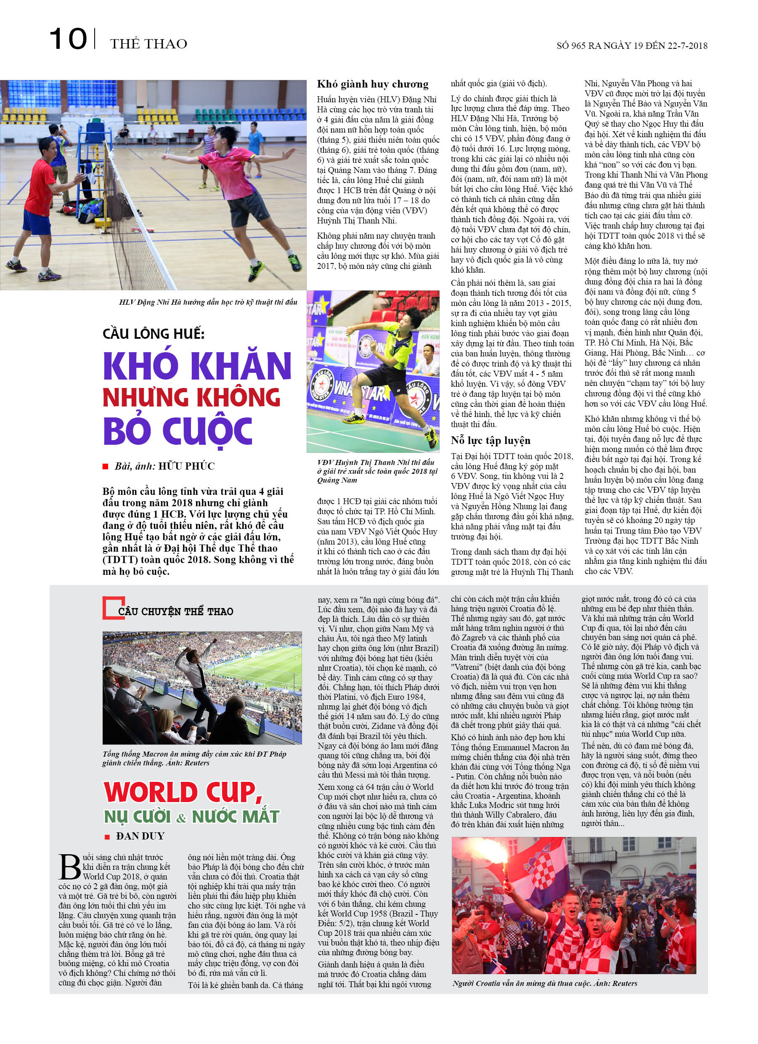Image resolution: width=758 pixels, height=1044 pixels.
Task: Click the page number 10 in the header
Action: coord(68,39)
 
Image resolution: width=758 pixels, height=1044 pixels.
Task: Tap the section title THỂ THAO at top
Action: coord(148,44)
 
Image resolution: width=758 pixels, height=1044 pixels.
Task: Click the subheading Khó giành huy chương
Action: coord(372,84)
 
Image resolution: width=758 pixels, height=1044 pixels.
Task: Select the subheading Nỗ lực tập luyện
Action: coord(490,441)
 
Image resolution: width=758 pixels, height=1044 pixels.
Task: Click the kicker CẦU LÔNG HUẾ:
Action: coord(154,333)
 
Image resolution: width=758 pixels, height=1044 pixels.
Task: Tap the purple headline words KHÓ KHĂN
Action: coord(197,366)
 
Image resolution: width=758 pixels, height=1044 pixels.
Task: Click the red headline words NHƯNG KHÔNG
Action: coord(191,397)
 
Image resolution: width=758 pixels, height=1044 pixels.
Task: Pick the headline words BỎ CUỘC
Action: coord(178,430)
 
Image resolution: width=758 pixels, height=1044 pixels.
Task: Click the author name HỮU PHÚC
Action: coord(186,466)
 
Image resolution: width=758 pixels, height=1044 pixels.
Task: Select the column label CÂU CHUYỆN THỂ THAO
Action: coord(175,611)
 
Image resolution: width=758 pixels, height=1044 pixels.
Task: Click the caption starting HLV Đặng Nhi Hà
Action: coord(208,303)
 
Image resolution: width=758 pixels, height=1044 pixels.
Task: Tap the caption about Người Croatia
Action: coord(545,983)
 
